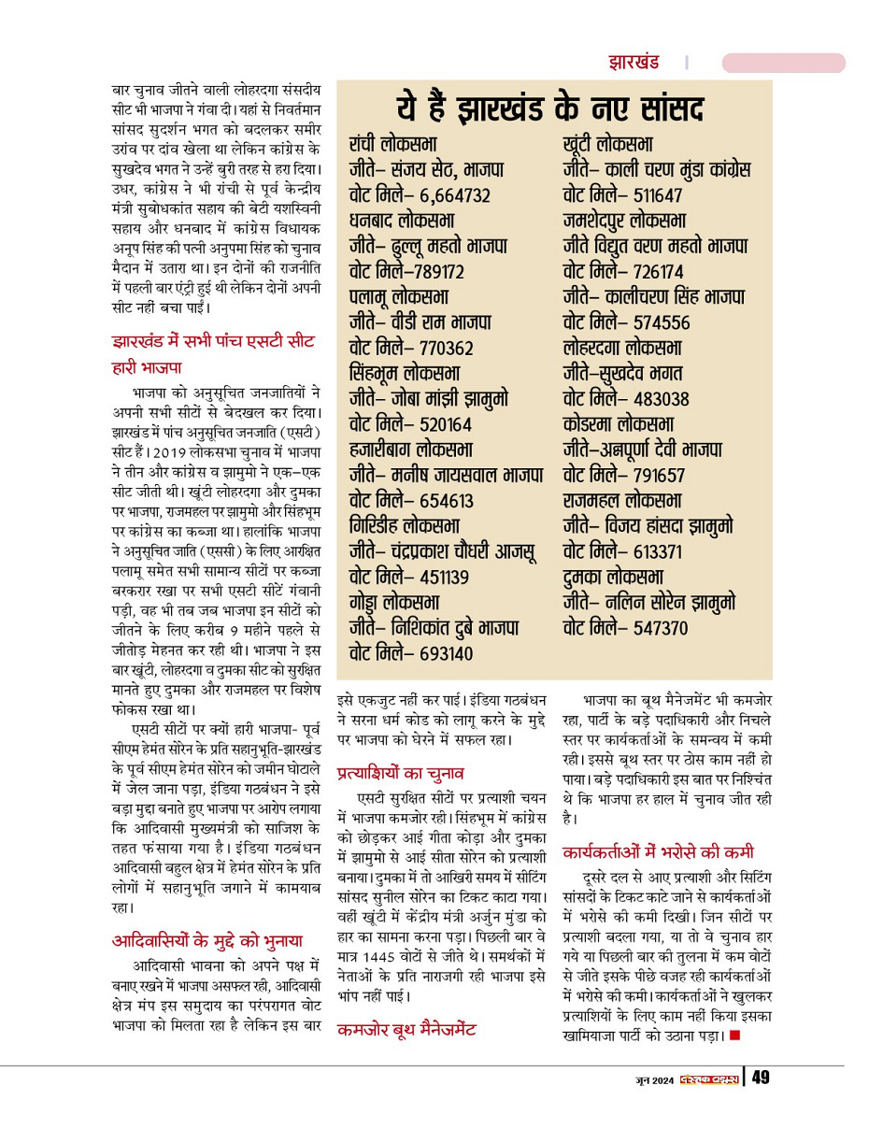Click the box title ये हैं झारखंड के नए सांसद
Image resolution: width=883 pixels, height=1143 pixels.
click(554, 107)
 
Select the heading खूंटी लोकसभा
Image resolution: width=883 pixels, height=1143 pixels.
click(608, 145)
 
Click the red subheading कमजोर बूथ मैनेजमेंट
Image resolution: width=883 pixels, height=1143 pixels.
click(406, 1030)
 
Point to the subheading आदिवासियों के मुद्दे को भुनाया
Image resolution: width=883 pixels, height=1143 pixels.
click(207, 940)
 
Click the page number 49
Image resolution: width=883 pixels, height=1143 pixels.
click(761, 1079)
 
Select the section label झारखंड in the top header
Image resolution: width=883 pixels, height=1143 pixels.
click(634, 64)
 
